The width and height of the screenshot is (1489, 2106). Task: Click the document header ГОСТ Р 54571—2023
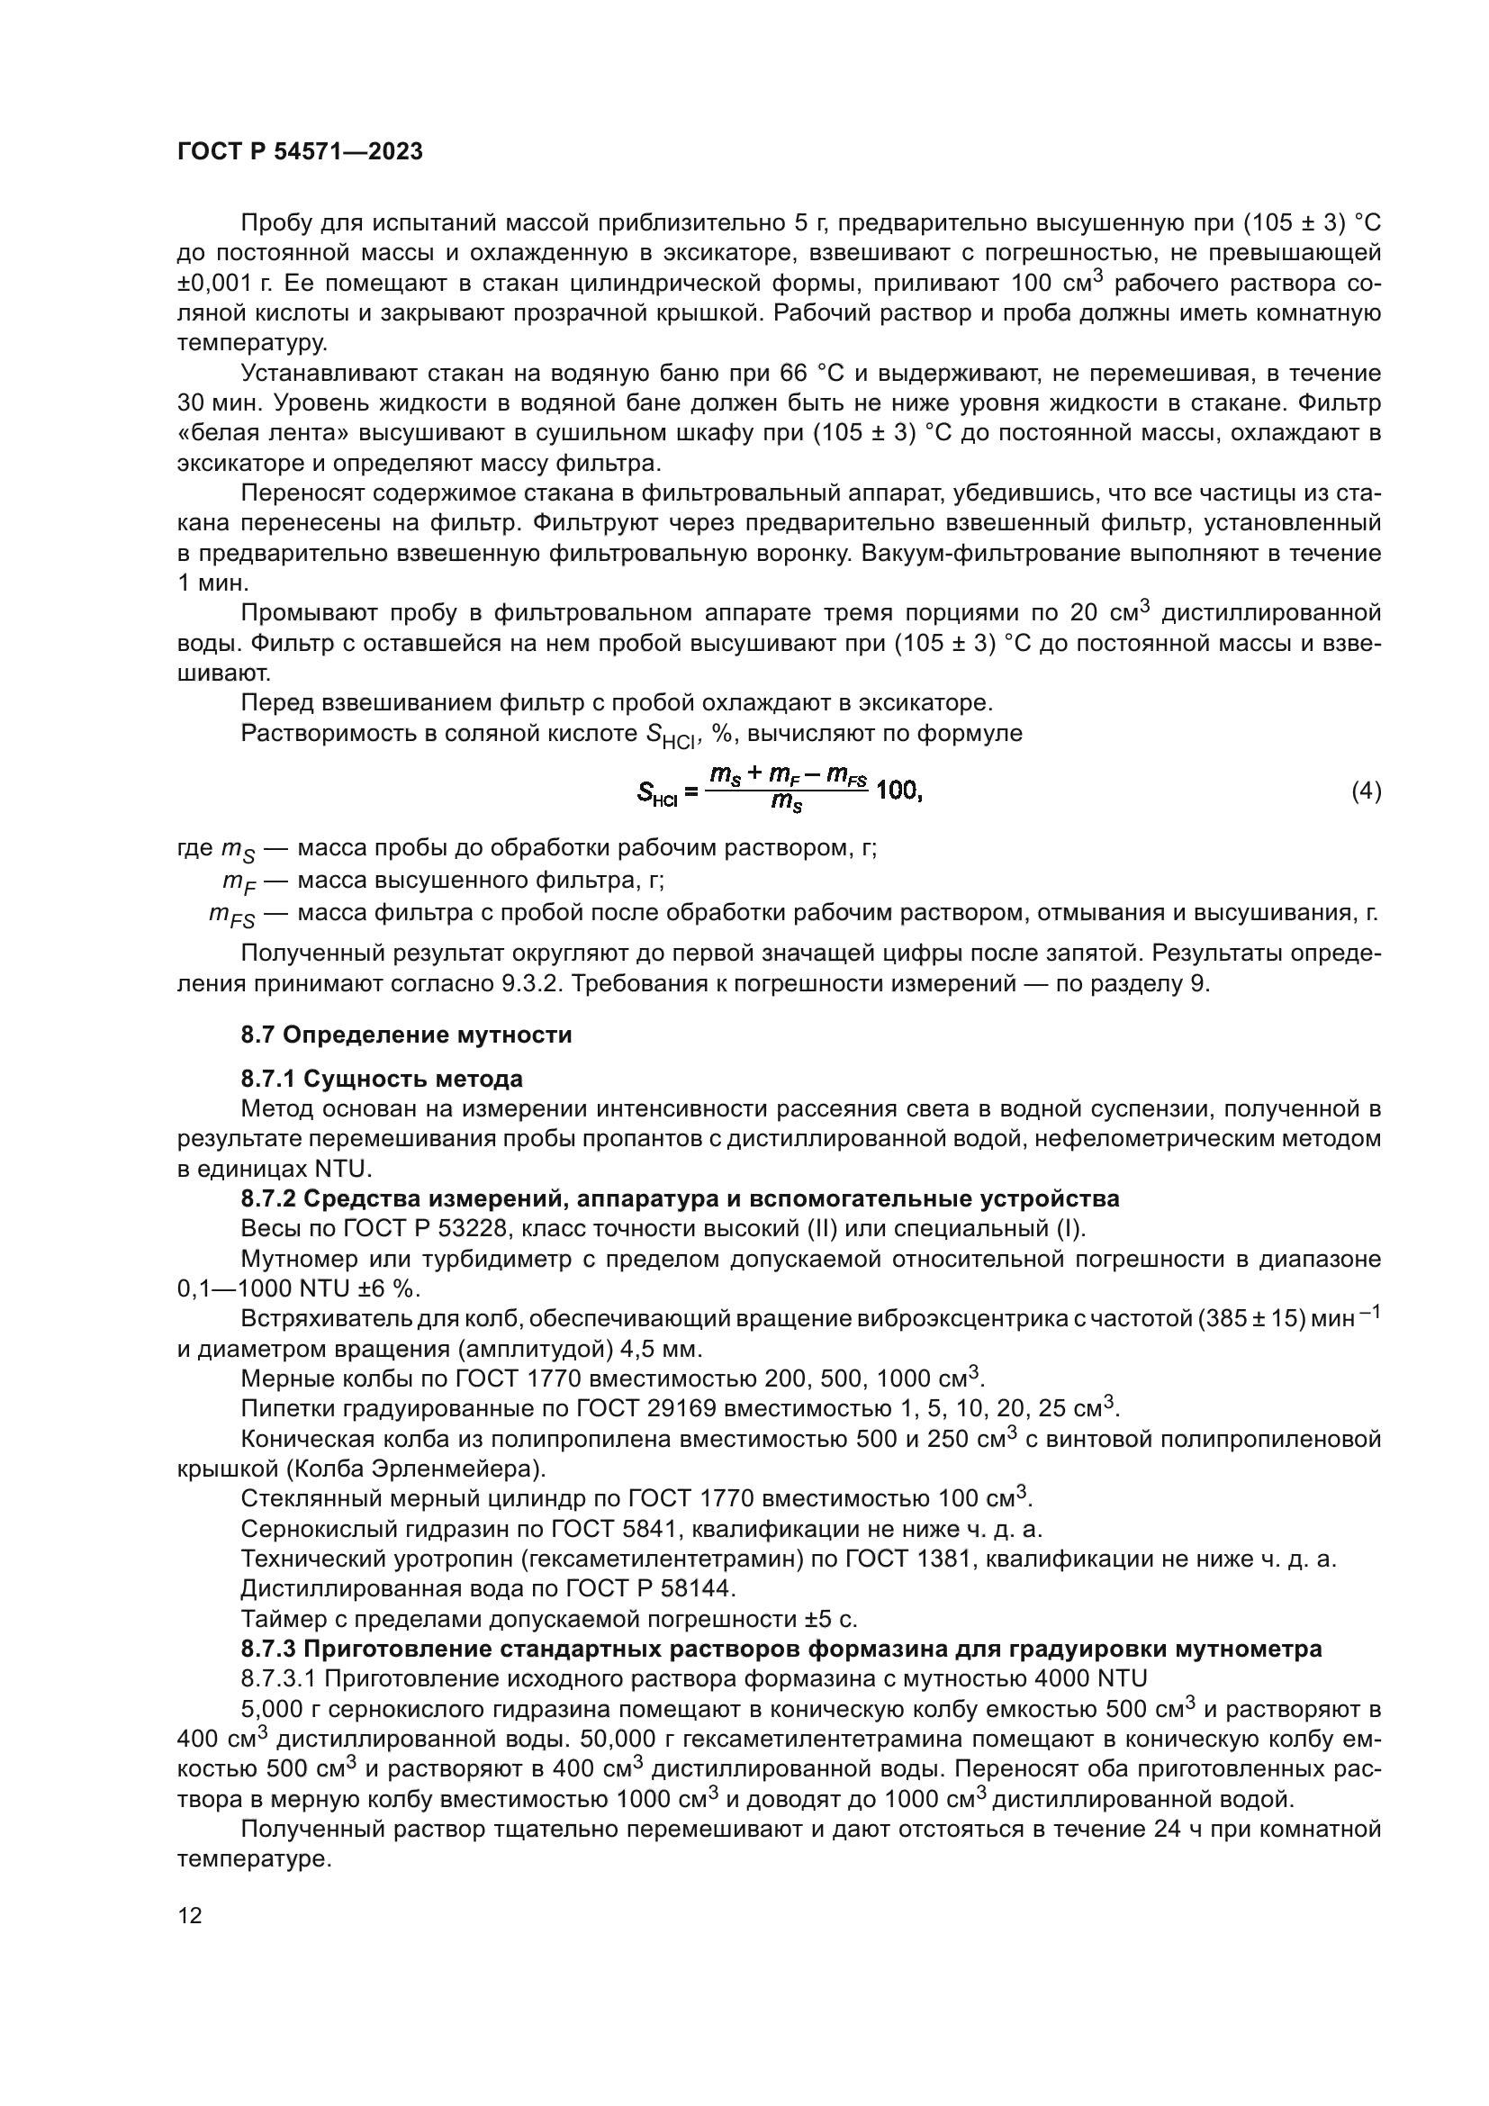(300, 152)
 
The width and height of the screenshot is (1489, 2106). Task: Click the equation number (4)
(1367, 791)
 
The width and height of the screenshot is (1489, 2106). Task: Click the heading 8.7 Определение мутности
(406, 1035)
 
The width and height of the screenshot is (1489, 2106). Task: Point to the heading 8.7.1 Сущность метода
(382, 1078)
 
